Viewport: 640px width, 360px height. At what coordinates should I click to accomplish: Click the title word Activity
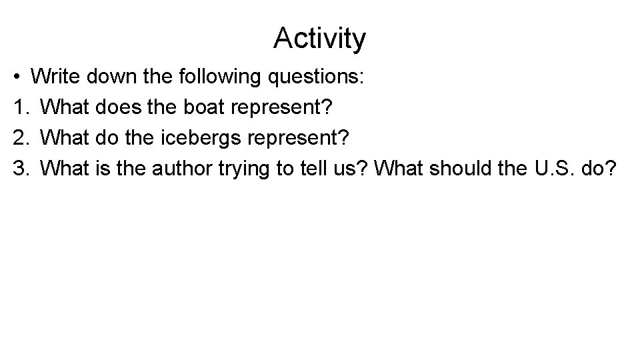(x=319, y=39)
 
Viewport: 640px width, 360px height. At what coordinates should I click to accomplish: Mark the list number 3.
(x=19, y=169)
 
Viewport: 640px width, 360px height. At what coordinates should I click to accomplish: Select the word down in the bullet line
(x=111, y=77)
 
